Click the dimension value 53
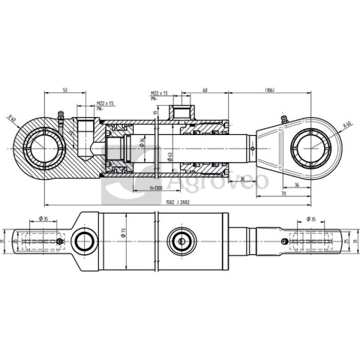(65, 90)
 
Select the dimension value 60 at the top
(204, 90)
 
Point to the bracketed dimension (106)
(268, 90)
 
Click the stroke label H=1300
(157, 188)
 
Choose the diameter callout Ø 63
(169, 155)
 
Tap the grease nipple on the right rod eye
(283, 118)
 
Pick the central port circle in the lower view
(181, 241)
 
